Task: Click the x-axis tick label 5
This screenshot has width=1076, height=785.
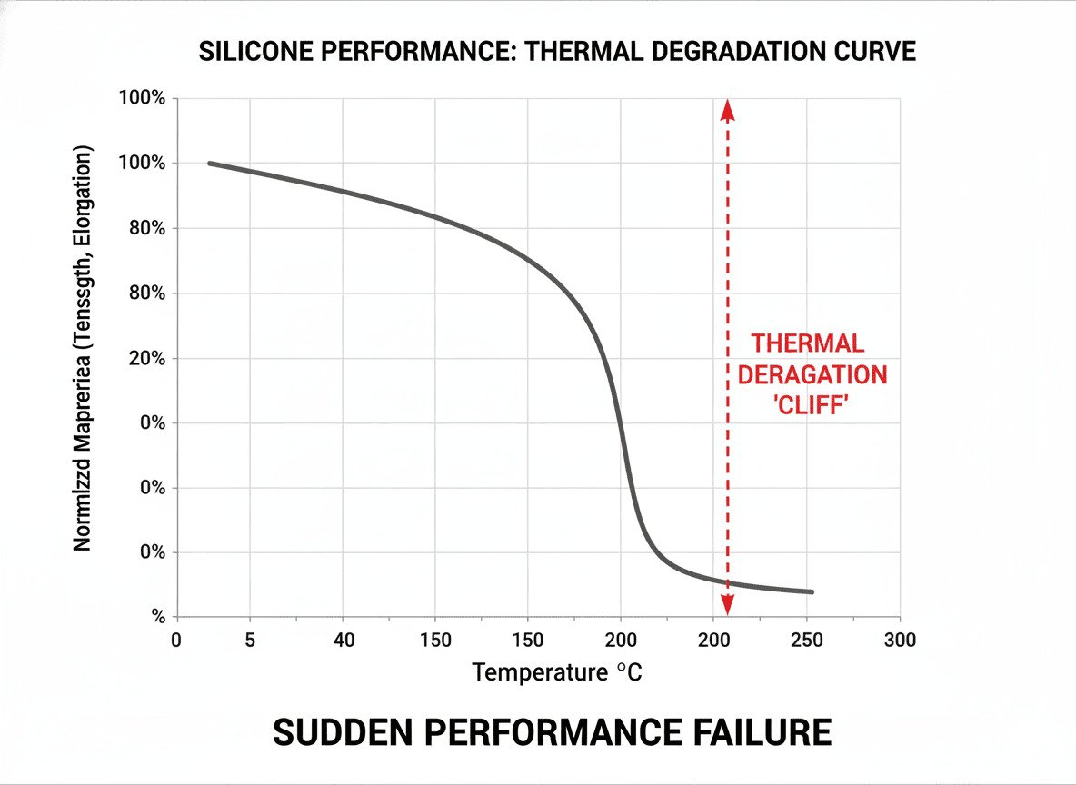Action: (x=249, y=640)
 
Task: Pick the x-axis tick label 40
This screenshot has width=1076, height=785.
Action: (x=344, y=640)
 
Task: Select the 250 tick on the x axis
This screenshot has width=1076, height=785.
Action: (x=807, y=640)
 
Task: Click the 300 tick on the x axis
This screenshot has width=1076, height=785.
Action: (x=900, y=640)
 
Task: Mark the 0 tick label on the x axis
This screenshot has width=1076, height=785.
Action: (x=176, y=640)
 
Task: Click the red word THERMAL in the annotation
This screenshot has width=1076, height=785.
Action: (x=807, y=344)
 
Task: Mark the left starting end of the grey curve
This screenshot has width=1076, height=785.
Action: (x=210, y=164)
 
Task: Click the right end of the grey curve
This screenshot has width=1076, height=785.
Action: (x=811, y=591)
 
